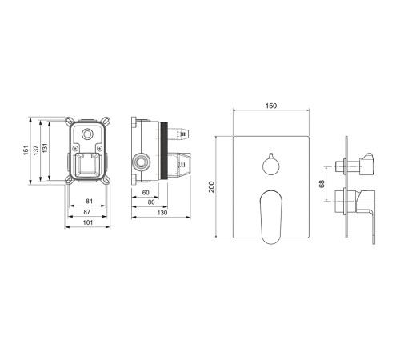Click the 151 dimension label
(26, 150)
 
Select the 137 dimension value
(36, 150)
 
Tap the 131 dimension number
(45, 148)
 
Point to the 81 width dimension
(90, 201)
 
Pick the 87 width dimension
(87, 212)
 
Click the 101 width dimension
(88, 222)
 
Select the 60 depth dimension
(146, 192)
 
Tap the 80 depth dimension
(151, 202)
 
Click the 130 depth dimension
(162, 213)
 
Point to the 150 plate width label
(271, 106)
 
